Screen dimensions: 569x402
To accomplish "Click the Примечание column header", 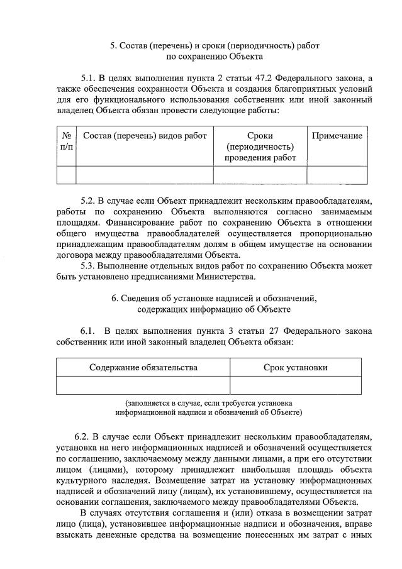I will (337, 136).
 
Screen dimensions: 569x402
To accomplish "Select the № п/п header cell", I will (66, 141).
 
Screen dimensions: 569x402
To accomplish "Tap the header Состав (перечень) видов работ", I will (145, 136).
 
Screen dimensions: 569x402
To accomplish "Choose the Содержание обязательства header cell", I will (143, 367).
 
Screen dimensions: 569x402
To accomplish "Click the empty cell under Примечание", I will (337, 175).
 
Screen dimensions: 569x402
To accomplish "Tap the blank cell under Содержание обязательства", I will (143, 385).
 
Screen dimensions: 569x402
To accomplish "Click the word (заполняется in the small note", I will (150, 402).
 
